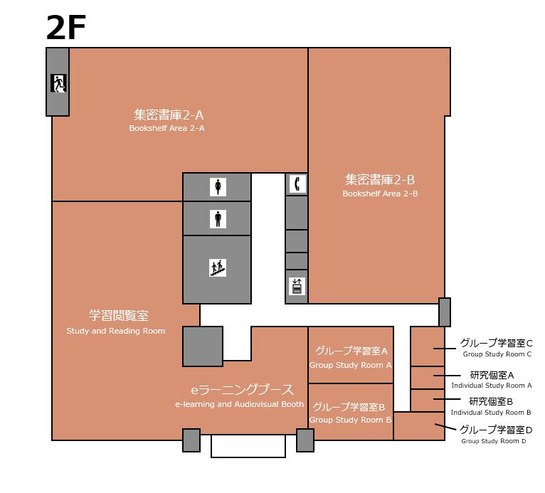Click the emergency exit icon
coord(58,83)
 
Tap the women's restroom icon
coord(218,186)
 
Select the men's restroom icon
coord(218,219)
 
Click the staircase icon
coord(218,268)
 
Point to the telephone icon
coord(297,184)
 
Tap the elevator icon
coord(297,286)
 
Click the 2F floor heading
coord(65,28)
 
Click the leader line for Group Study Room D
coord(445,427)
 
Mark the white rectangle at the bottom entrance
coord(248,446)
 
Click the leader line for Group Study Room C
coord(445,349)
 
